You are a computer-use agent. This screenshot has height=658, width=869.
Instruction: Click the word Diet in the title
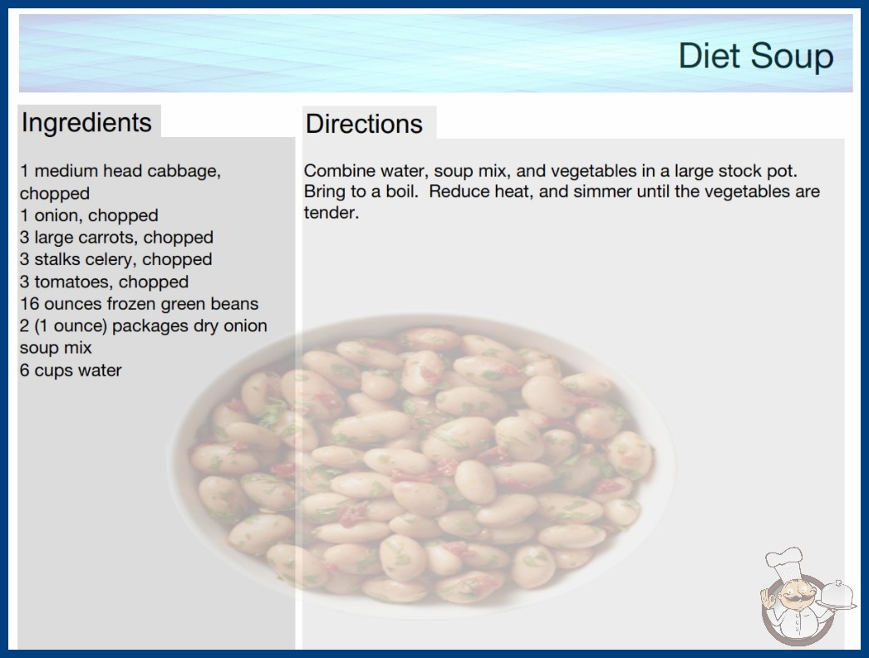coord(709,56)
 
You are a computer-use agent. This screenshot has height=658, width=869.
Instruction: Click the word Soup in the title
coord(792,56)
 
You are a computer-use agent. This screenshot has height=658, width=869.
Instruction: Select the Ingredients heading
coord(86,123)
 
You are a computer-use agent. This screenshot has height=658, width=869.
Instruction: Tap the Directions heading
coord(364,124)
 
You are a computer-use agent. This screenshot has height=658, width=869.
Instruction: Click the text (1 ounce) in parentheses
coord(71,326)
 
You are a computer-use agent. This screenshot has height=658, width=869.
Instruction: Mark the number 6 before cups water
coord(24,371)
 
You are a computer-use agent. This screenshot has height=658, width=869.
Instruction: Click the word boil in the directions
coord(401,192)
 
